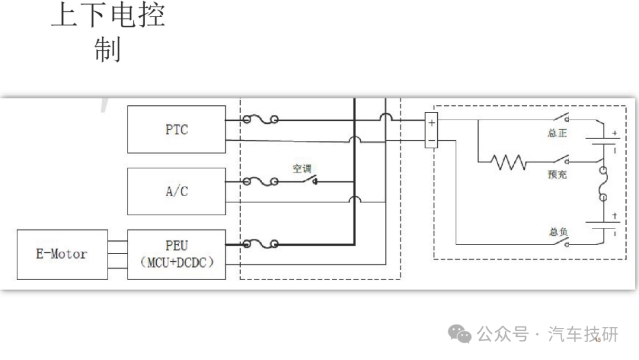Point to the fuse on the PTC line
tap(260, 120)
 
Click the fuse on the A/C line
tap(260, 182)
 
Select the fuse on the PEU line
tap(260, 244)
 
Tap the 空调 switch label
tap(302, 168)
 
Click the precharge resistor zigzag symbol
tap(509, 162)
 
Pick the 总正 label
tap(557, 133)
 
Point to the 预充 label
tap(557, 175)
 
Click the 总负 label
tap(558, 232)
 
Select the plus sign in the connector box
tap(431, 123)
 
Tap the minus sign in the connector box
tap(431, 141)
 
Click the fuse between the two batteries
tap(603, 184)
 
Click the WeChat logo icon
tap(460, 334)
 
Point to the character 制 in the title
tap(108, 49)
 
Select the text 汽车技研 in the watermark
tap(583, 335)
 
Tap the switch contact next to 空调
tap(311, 180)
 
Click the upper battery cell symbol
tap(603, 142)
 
